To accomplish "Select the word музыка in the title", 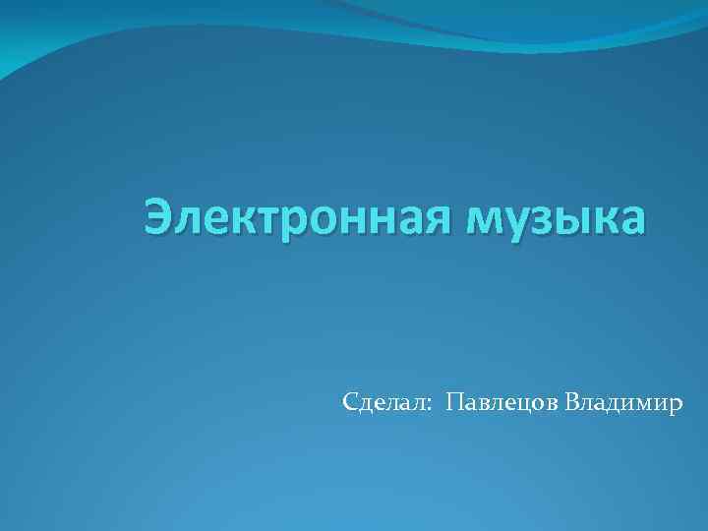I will coord(558,217).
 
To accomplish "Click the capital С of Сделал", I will coord(351,402).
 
